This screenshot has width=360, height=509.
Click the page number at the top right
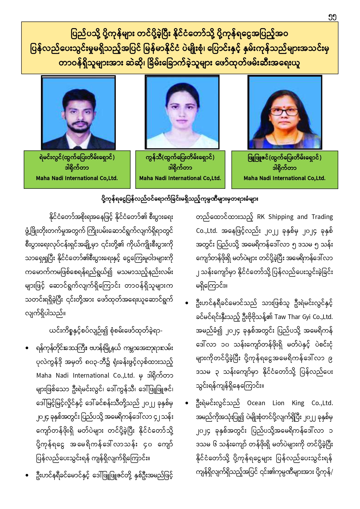click(332, 17)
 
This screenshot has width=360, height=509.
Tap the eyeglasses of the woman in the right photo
click(284, 112)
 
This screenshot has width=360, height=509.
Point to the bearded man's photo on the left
click(78, 113)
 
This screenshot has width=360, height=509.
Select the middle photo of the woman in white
click(182, 112)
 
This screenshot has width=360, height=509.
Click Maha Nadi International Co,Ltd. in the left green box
click(77, 178)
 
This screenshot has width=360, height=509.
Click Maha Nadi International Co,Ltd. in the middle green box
click(180, 178)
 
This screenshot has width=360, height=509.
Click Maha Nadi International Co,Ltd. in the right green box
click(285, 178)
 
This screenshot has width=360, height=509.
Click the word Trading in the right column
click(322, 217)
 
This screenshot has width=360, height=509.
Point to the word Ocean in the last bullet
click(256, 403)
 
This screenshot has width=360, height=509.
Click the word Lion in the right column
click(278, 403)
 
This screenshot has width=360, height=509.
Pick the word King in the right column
click(298, 403)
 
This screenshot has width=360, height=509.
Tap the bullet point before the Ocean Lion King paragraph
click(187, 403)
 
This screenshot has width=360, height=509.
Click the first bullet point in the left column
click(27, 348)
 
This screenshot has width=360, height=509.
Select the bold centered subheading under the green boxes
click(180, 199)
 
